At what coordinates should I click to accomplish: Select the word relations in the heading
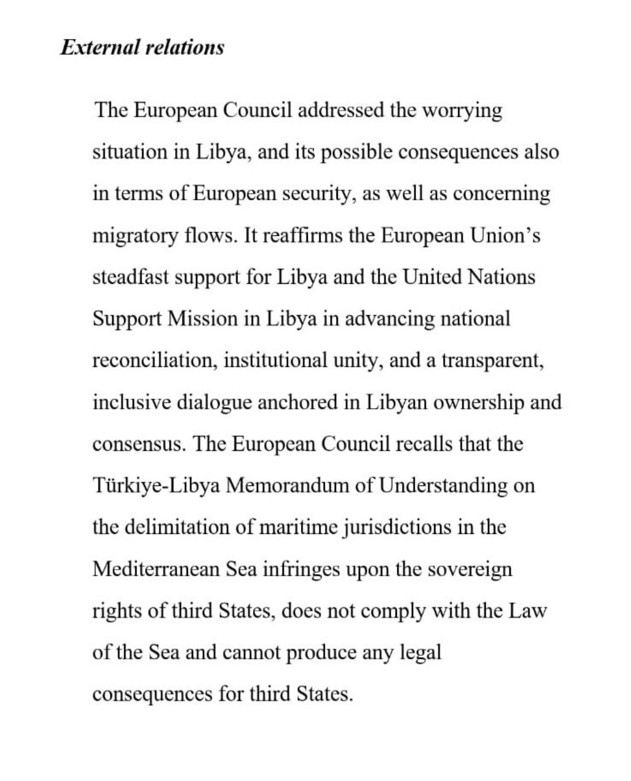(185, 47)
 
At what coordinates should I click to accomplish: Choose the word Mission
(203, 319)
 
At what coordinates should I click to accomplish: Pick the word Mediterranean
(156, 569)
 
